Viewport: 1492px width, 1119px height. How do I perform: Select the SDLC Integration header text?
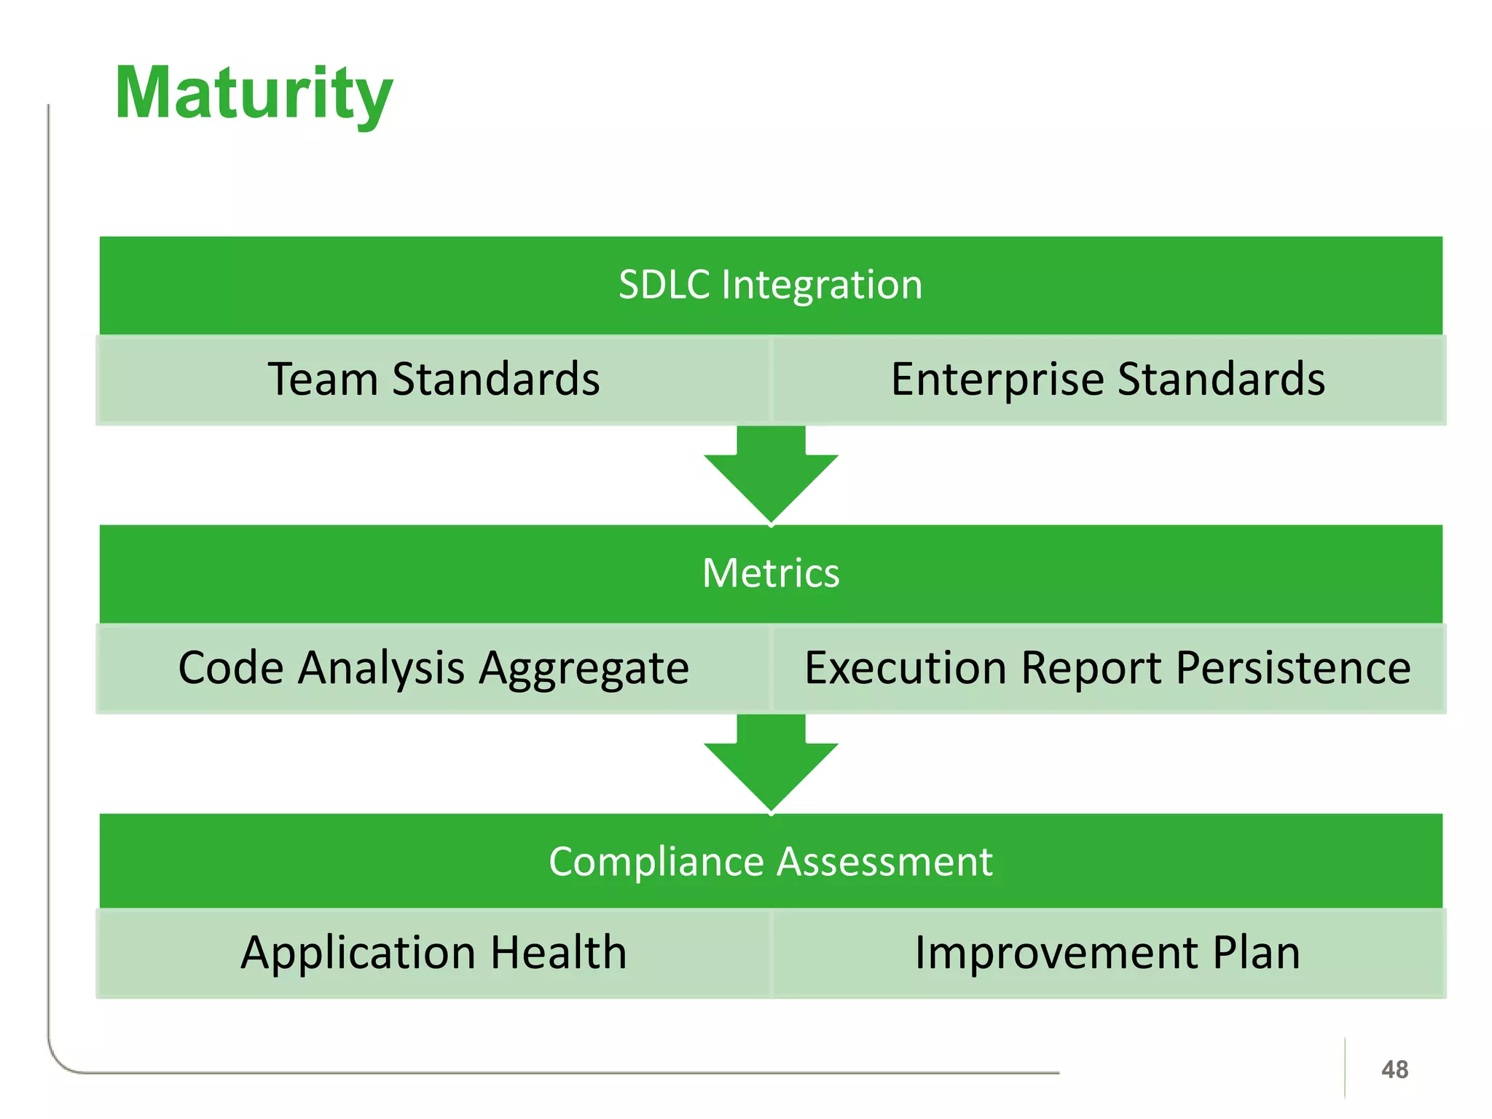770,284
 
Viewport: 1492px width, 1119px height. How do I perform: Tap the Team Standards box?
433,380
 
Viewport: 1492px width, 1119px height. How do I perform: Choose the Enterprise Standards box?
1108,380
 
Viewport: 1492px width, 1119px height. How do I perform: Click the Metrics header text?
770,573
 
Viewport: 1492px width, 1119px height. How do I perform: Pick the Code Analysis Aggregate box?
433,668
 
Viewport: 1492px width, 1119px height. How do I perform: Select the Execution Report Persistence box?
1108,668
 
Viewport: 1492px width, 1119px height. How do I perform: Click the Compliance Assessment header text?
770,862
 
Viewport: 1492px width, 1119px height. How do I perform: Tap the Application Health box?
433,953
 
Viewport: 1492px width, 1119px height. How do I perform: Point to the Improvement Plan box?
1108,953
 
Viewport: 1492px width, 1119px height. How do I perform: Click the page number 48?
1394,1069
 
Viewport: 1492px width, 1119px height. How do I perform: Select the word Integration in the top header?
822,286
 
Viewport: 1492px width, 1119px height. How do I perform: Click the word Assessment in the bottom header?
884,862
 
